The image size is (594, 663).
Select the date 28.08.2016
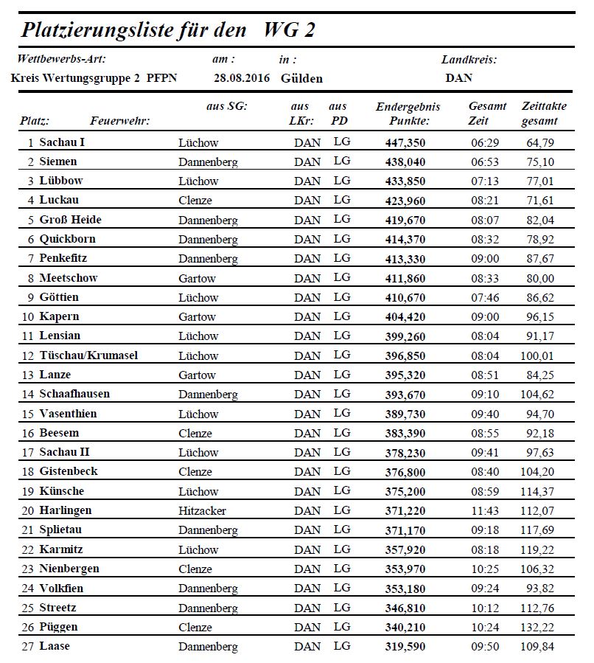(242, 77)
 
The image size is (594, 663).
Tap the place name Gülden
(301, 78)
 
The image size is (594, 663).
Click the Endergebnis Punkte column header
(408, 114)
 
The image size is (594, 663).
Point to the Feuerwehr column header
(119, 121)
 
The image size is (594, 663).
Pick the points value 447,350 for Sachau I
(405, 142)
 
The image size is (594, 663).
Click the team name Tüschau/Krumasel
(88, 355)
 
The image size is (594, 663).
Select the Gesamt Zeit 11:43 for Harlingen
(485, 510)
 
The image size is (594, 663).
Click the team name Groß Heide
(70, 220)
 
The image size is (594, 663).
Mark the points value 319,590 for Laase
(405, 647)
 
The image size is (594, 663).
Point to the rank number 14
(29, 394)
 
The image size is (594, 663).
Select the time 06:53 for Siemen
(485, 162)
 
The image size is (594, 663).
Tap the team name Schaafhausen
(74, 394)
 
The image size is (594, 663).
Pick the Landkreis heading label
(469, 60)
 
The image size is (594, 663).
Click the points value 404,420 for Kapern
(405, 316)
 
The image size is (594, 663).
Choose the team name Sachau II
(65, 452)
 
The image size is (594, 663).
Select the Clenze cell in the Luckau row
(195, 201)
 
